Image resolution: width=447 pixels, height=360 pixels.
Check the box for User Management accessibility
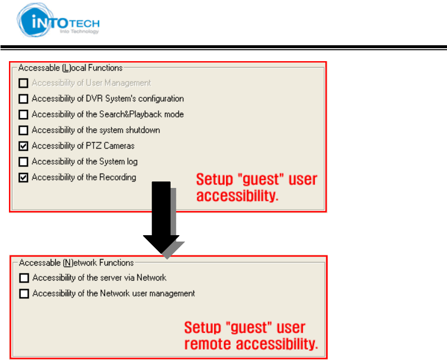23,83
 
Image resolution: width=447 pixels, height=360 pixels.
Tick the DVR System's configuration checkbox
23,98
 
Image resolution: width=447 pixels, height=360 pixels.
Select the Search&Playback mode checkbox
23,114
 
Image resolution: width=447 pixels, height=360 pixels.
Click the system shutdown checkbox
23,130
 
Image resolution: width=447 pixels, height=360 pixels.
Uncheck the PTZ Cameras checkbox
23,146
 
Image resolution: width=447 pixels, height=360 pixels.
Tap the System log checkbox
23,162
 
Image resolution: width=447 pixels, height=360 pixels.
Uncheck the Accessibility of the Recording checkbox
23,178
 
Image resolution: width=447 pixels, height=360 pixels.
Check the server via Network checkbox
24,278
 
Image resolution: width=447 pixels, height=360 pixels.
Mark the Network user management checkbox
24,293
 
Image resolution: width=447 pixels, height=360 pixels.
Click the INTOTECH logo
58,20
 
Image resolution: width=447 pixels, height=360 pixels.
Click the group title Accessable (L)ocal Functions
71,68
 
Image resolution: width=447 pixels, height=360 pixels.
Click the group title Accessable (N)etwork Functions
77,263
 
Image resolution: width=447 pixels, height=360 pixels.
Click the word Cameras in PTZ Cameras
119,146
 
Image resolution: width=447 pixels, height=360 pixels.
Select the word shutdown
143,130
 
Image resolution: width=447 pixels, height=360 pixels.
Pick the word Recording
117,178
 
